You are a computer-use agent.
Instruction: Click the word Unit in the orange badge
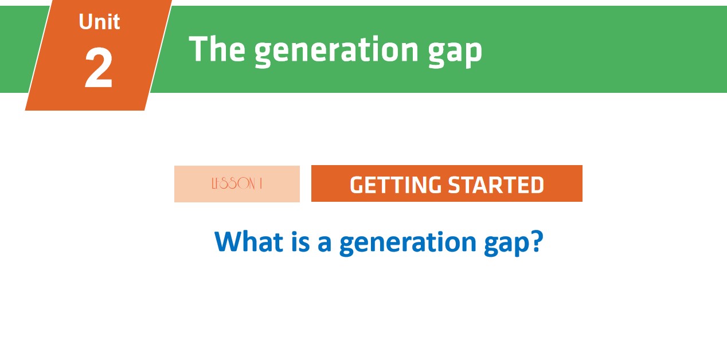click(x=99, y=22)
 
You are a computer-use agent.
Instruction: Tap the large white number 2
click(x=99, y=69)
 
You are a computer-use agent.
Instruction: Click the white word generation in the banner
click(x=335, y=50)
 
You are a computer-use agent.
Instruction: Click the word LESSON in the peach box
click(x=232, y=184)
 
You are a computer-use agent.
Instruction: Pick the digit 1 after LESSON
click(x=260, y=184)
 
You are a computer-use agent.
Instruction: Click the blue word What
click(x=249, y=241)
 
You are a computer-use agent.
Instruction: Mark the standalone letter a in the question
click(x=324, y=244)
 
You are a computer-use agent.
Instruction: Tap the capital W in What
click(x=227, y=241)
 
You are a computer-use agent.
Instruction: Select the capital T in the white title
click(x=198, y=49)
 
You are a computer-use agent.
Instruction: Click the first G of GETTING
click(x=357, y=185)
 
